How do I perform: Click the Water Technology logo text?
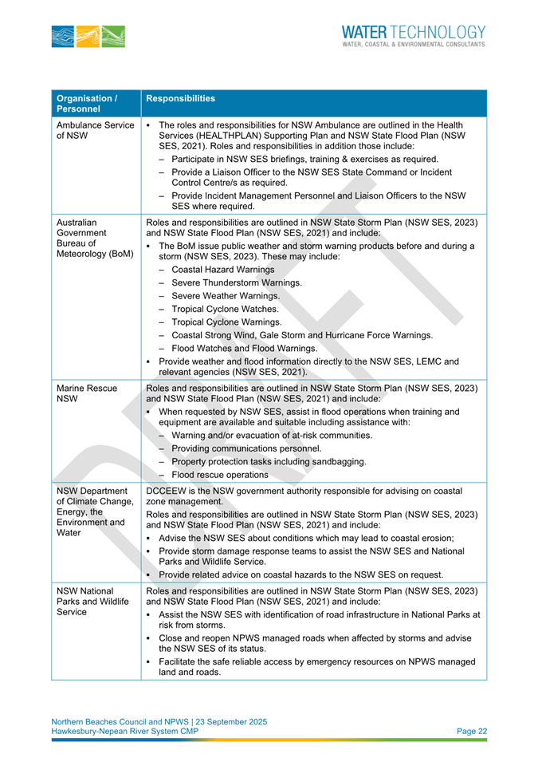point(413,35)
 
